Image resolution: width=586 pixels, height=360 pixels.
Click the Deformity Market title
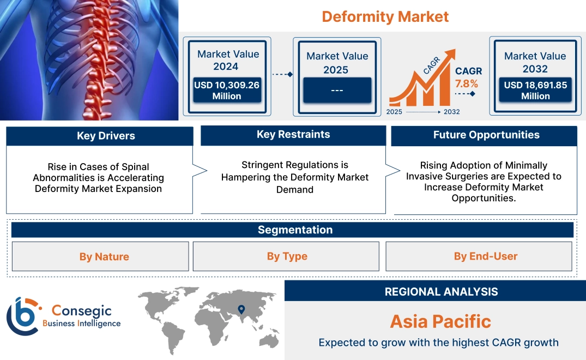[x=385, y=16]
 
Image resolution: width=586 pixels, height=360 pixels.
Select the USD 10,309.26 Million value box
[x=227, y=91]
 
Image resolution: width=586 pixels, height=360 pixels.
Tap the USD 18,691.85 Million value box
[x=535, y=90]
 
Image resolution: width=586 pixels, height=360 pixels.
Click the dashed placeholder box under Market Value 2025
[x=337, y=90]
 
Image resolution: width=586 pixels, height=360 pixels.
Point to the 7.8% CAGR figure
[x=467, y=83]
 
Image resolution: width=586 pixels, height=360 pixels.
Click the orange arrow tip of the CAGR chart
[x=451, y=53]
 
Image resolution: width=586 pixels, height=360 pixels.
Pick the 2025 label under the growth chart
[x=395, y=112]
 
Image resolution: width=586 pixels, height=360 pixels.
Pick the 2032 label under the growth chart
[x=451, y=112]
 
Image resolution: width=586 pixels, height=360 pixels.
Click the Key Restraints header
[x=293, y=134]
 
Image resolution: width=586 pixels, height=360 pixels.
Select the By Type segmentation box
[x=287, y=256]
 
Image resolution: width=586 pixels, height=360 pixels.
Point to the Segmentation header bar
[x=294, y=230]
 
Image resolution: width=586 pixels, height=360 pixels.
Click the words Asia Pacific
[x=440, y=321]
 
